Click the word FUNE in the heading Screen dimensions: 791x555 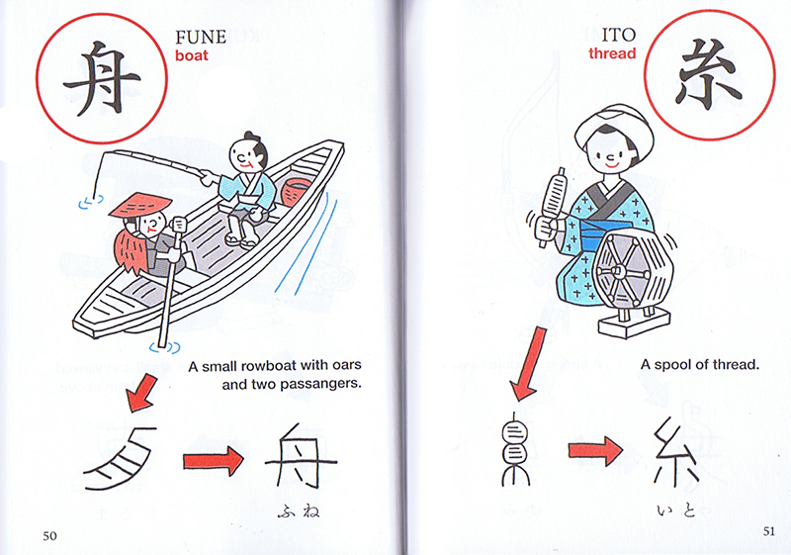[201, 37]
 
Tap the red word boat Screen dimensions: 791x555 [192, 55]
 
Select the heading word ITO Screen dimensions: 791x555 [619, 35]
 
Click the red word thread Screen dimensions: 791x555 [612, 53]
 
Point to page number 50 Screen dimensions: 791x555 [49, 536]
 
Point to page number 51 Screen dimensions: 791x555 [769, 531]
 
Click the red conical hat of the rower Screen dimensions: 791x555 [140, 205]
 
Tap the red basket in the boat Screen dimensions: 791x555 [294, 195]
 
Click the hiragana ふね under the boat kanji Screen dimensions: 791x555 [299, 511]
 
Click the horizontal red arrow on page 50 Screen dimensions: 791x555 [214, 461]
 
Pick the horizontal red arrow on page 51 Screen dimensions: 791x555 [596, 450]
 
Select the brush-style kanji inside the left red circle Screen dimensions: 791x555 [101, 78]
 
